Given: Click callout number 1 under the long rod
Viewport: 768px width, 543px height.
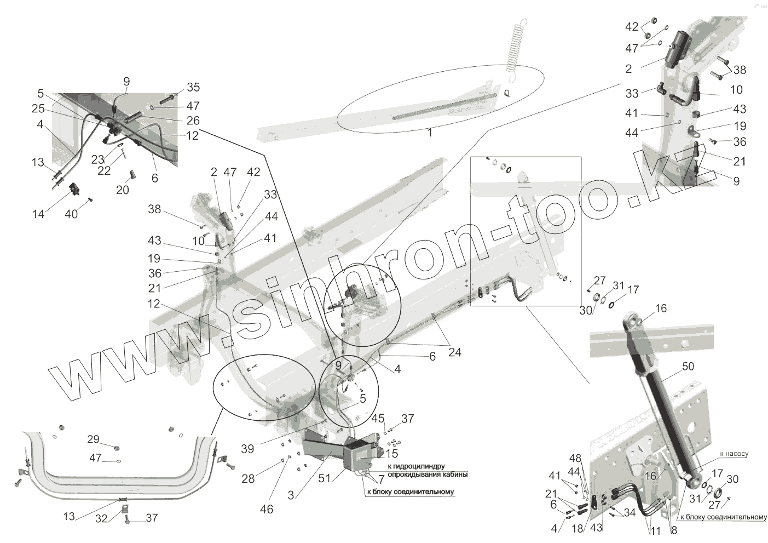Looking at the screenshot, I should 430,133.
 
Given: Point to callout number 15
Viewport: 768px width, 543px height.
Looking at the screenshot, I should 391,454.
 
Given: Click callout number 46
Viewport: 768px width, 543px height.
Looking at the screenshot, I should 267,510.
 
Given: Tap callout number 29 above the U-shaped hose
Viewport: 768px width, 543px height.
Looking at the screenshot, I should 94,439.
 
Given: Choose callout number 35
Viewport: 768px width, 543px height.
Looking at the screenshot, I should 193,88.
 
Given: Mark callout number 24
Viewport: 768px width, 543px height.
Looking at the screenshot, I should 454,352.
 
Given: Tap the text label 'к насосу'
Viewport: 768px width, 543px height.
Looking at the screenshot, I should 734,454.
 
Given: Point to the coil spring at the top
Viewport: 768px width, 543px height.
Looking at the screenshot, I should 517,47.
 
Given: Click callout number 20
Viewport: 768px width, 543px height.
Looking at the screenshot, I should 123,190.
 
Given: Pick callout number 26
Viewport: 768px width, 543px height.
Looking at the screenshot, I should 193,120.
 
